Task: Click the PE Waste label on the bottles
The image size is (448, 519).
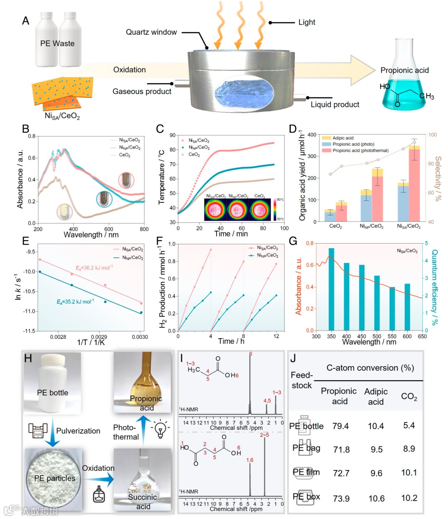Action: tap(57, 43)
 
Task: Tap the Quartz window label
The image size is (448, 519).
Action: tap(151, 32)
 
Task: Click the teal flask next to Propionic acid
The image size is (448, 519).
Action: tap(404, 93)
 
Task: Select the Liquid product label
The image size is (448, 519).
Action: tap(335, 104)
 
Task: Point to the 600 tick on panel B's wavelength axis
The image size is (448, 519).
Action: tap(109, 229)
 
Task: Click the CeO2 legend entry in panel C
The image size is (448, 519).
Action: tap(194, 154)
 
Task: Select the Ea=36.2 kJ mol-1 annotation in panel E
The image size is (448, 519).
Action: tap(94, 268)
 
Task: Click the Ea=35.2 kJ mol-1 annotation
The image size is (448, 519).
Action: tap(75, 302)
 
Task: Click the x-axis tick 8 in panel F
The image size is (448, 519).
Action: tap(243, 336)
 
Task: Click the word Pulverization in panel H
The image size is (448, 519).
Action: tap(78, 431)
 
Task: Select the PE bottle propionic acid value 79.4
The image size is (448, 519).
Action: tap(341, 426)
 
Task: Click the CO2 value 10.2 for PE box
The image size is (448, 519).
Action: tap(409, 498)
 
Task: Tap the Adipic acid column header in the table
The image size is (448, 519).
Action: tap(376, 396)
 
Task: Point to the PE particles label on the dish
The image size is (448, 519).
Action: tap(55, 478)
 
